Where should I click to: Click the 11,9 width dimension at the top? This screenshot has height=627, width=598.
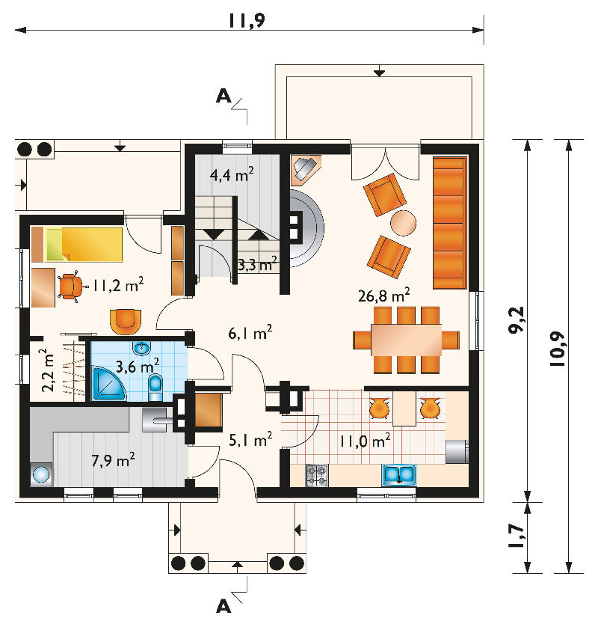click(x=247, y=20)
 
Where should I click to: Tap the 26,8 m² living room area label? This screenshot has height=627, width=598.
click(x=384, y=295)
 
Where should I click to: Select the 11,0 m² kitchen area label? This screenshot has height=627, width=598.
click(x=365, y=441)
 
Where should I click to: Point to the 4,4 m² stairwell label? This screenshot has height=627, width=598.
click(x=232, y=174)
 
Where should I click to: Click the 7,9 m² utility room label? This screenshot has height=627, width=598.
click(x=113, y=460)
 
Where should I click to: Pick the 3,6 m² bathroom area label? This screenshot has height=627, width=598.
click(x=138, y=365)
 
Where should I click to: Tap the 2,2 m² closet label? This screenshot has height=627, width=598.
click(x=48, y=370)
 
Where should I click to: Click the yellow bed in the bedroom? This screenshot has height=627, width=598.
click(x=84, y=244)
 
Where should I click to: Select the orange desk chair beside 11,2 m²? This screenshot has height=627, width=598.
click(x=71, y=287)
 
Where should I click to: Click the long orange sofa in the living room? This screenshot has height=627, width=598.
click(x=450, y=223)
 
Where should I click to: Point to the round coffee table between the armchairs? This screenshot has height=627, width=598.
click(x=403, y=223)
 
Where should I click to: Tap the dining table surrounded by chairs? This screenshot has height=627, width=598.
click(x=406, y=340)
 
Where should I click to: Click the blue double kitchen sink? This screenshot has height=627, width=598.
click(x=399, y=475)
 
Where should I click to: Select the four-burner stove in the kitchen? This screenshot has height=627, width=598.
click(x=317, y=475)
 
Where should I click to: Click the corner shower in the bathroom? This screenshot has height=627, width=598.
click(x=108, y=384)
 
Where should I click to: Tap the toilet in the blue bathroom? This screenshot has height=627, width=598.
click(x=155, y=387)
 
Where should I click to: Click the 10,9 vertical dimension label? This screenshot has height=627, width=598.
click(x=558, y=349)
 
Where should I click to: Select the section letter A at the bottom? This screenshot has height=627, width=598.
click(x=224, y=607)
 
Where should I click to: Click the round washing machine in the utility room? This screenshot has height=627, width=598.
click(x=41, y=475)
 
